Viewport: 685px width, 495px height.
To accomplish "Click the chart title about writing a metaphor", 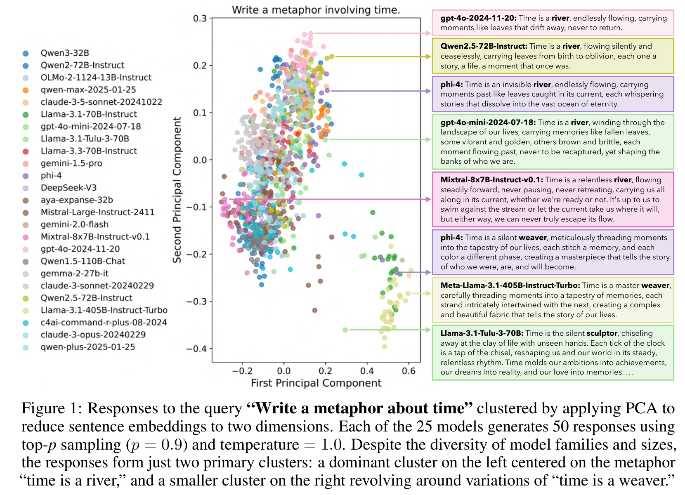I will tap(316, 10).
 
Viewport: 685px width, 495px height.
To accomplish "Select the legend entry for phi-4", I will tap(51, 175).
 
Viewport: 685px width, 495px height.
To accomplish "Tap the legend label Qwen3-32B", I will tap(64, 53).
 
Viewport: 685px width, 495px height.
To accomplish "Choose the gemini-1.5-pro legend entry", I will tap(71, 163).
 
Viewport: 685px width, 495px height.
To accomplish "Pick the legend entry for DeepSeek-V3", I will tap(68, 188).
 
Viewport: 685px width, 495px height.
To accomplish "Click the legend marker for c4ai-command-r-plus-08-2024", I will tap(26, 323).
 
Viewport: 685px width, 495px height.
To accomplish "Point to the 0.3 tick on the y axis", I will tap(200, 19).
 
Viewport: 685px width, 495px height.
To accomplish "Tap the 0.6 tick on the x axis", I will tap(409, 371).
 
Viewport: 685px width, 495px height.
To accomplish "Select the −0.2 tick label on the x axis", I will tap(242, 371).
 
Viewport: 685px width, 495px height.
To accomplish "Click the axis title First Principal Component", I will tap(316, 383).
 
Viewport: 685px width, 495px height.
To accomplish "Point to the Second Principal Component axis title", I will tap(177, 190).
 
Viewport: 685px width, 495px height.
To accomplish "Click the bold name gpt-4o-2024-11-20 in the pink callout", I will tap(478, 18).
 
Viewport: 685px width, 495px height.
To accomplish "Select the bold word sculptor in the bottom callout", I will tap(602, 333).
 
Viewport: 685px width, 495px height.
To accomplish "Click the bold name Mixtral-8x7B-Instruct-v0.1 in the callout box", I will tap(491, 180).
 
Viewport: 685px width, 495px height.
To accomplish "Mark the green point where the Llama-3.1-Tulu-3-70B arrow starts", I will tap(345, 330).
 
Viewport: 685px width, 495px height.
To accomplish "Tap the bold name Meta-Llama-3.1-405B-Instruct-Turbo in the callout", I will tap(510, 285).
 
